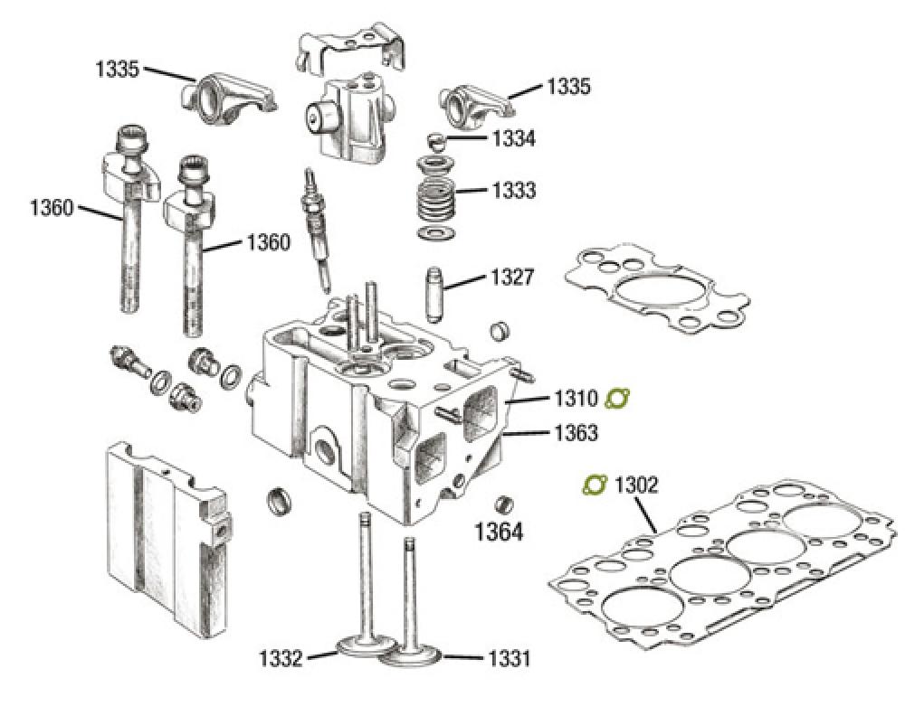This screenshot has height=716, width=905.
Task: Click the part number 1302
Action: click(636, 485)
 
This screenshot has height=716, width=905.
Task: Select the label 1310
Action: click(572, 398)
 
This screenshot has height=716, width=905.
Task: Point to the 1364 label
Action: click(499, 532)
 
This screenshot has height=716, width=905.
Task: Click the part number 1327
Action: click(512, 277)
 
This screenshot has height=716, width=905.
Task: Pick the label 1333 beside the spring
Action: click(513, 191)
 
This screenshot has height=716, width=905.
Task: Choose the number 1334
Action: click(513, 139)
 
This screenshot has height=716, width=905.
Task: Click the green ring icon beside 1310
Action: click(618, 398)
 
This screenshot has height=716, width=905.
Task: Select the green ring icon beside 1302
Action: click(593, 485)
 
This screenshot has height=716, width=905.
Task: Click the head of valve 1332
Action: click(362, 646)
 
